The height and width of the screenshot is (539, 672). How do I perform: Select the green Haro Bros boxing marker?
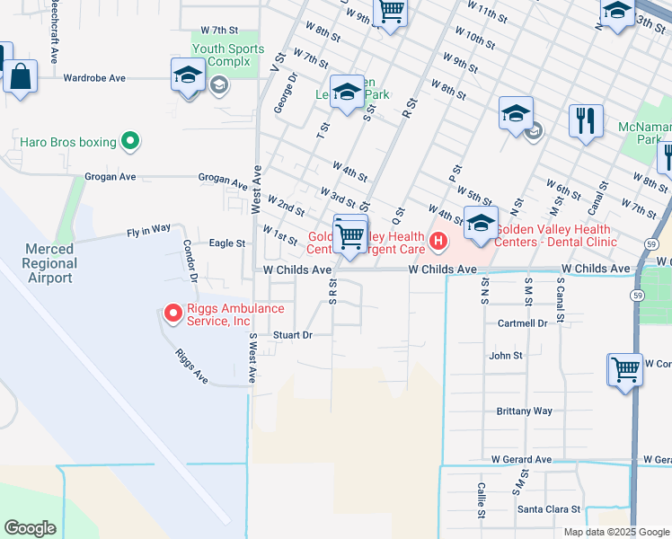pos(130,141)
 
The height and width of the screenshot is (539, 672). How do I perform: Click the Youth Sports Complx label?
pos(228,56)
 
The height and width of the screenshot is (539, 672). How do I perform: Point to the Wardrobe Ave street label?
pos(94,78)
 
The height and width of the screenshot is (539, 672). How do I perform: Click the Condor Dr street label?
pos(190,259)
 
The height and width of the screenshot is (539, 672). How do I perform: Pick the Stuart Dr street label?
pos(292,335)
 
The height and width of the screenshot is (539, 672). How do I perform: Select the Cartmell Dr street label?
pos(525,323)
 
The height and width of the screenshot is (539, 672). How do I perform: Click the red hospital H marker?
pos(438,240)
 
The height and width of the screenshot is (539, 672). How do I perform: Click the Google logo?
pos(30,528)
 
